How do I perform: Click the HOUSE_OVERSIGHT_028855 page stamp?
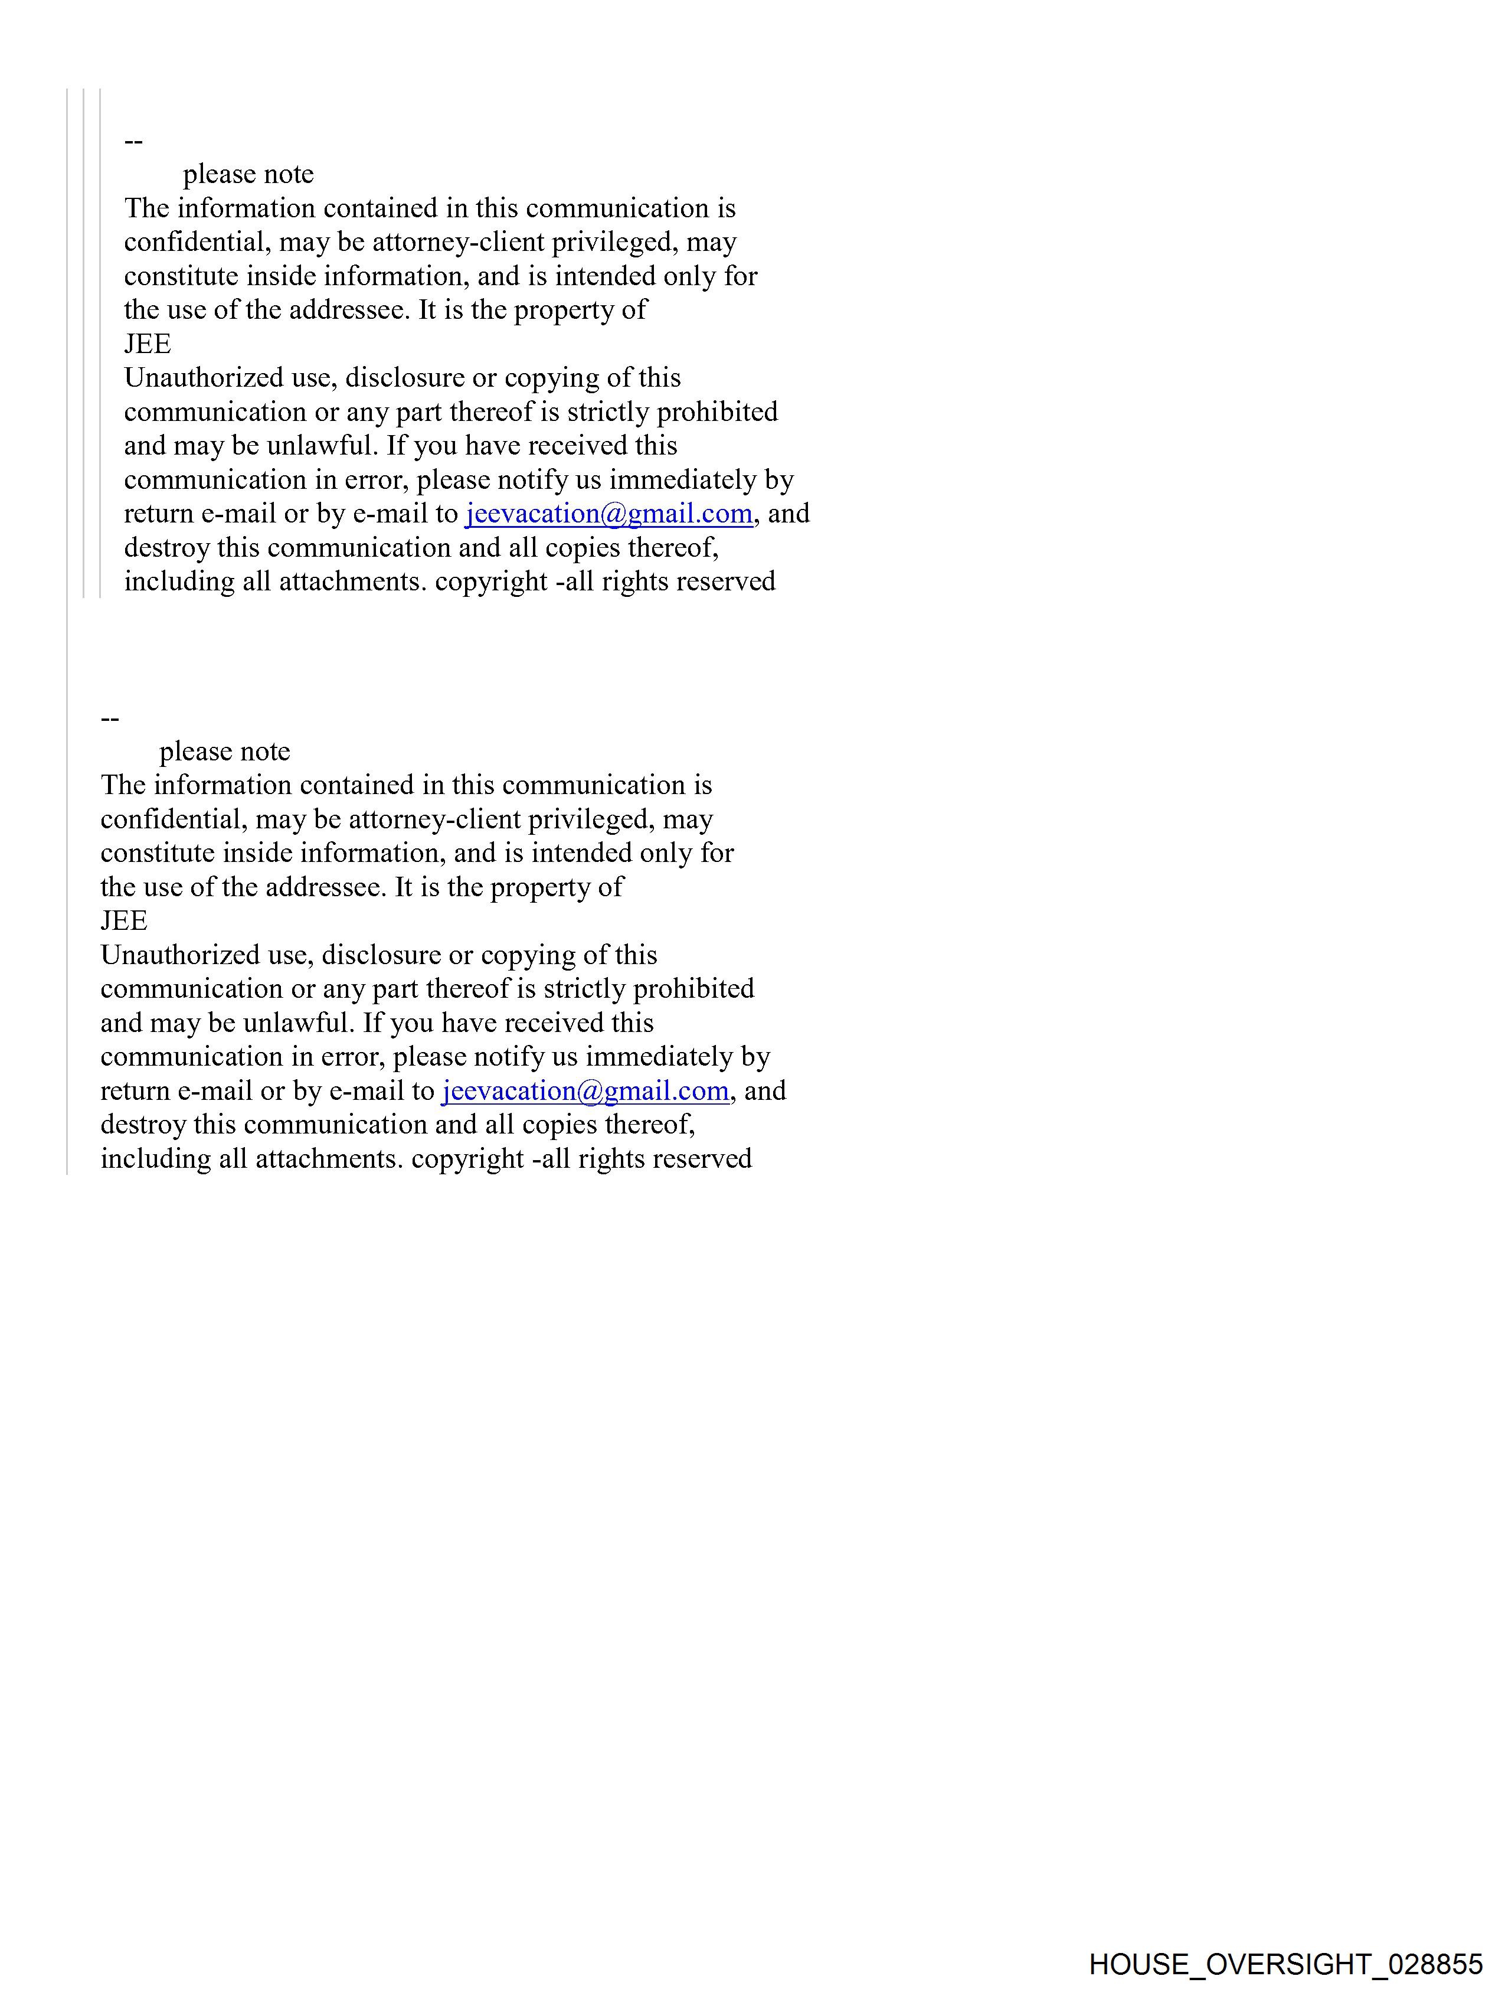point(1285,1964)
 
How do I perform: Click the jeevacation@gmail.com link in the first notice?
point(608,514)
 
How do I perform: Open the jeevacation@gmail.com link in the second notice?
point(585,1090)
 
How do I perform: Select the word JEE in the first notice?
point(148,344)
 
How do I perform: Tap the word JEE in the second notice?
point(124,921)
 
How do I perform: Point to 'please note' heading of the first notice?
point(248,174)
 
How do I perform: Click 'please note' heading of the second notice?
point(225,752)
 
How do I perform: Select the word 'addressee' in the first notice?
point(349,310)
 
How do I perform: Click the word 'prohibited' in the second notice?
point(694,989)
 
